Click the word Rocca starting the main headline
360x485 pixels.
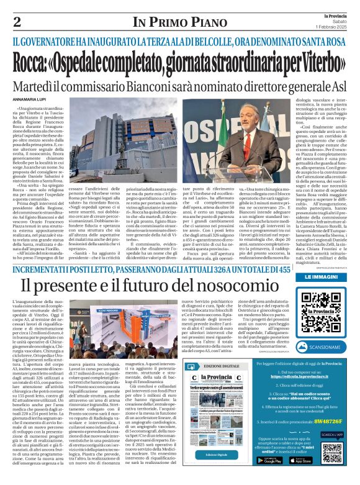46,63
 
